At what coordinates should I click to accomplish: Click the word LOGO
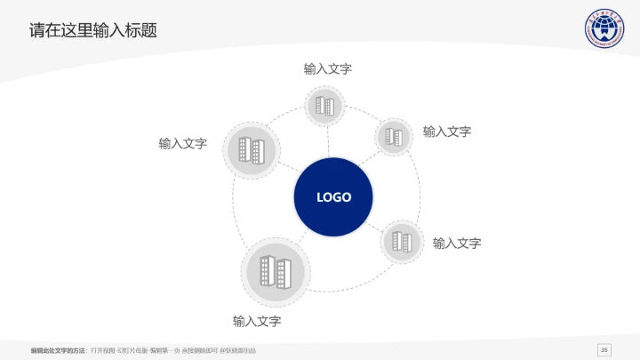pyautogui.click(x=333, y=197)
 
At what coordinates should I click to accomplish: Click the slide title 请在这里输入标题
pyautogui.click(x=93, y=30)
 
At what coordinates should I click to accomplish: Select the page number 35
pyautogui.click(x=605, y=348)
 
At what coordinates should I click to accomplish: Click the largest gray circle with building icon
pyautogui.click(x=276, y=271)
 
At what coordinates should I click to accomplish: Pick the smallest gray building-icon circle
pyautogui.click(x=393, y=137)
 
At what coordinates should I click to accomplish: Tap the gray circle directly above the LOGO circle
pyautogui.click(x=324, y=107)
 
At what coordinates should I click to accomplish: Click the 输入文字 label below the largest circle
pyautogui.click(x=257, y=321)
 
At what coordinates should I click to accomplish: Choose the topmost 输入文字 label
pyautogui.click(x=328, y=68)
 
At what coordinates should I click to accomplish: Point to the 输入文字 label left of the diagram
pyautogui.click(x=183, y=143)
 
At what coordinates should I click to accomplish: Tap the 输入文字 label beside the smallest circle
pyautogui.click(x=447, y=132)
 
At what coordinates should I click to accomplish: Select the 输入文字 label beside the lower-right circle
pyautogui.click(x=457, y=243)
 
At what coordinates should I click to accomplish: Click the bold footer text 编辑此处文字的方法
pyautogui.click(x=58, y=349)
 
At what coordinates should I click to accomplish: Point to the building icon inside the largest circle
pyautogui.click(x=276, y=270)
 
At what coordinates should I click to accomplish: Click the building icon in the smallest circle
pyautogui.click(x=393, y=137)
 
